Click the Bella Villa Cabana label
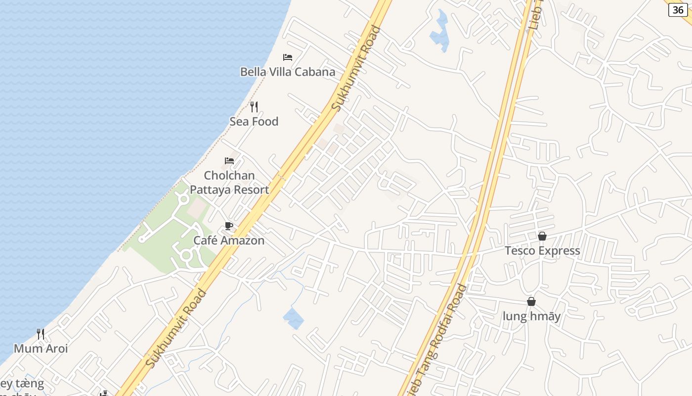point(287,72)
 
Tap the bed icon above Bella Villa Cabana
point(287,57)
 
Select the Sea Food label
point(254,121)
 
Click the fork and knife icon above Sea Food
point(254,106)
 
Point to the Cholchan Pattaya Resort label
point(229,183)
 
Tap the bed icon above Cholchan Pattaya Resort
point(229,160)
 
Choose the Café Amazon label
point(229,241)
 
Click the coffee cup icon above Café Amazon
point(229,226)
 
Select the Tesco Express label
point(542,250)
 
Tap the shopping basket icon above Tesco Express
point(542,236)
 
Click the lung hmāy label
point(531,316)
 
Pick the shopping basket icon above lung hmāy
point(531,301)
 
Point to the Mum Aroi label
point(41,348)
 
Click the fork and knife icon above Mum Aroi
point(41,334)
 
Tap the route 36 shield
point(678,10)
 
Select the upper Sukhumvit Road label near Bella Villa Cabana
point(356,68)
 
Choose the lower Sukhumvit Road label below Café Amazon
point(176,329)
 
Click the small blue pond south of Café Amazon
point(294,318)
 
